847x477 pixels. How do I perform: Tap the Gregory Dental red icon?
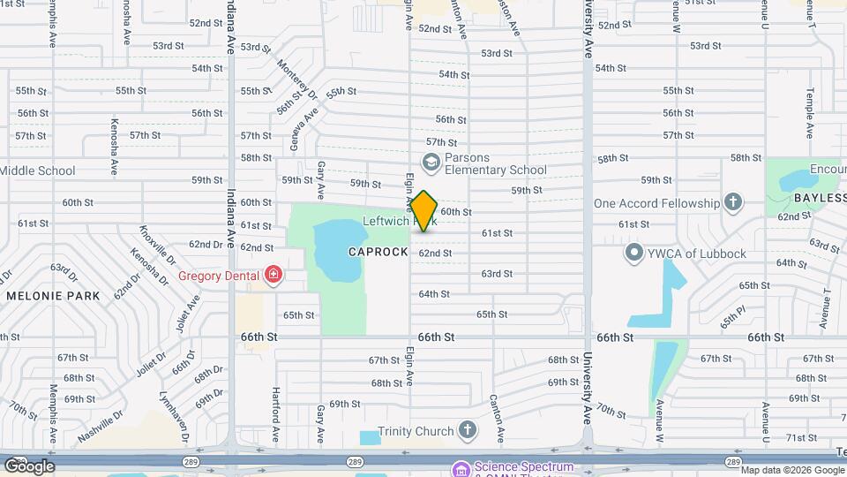274,276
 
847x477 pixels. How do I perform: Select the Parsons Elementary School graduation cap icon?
431,161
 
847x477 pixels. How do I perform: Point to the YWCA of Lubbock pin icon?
633,254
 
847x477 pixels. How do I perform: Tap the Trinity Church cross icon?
467,431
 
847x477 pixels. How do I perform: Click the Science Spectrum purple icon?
460,468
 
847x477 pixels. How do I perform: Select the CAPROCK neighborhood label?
379,252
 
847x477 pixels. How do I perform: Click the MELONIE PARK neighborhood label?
53,295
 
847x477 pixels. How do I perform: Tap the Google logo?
29,466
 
